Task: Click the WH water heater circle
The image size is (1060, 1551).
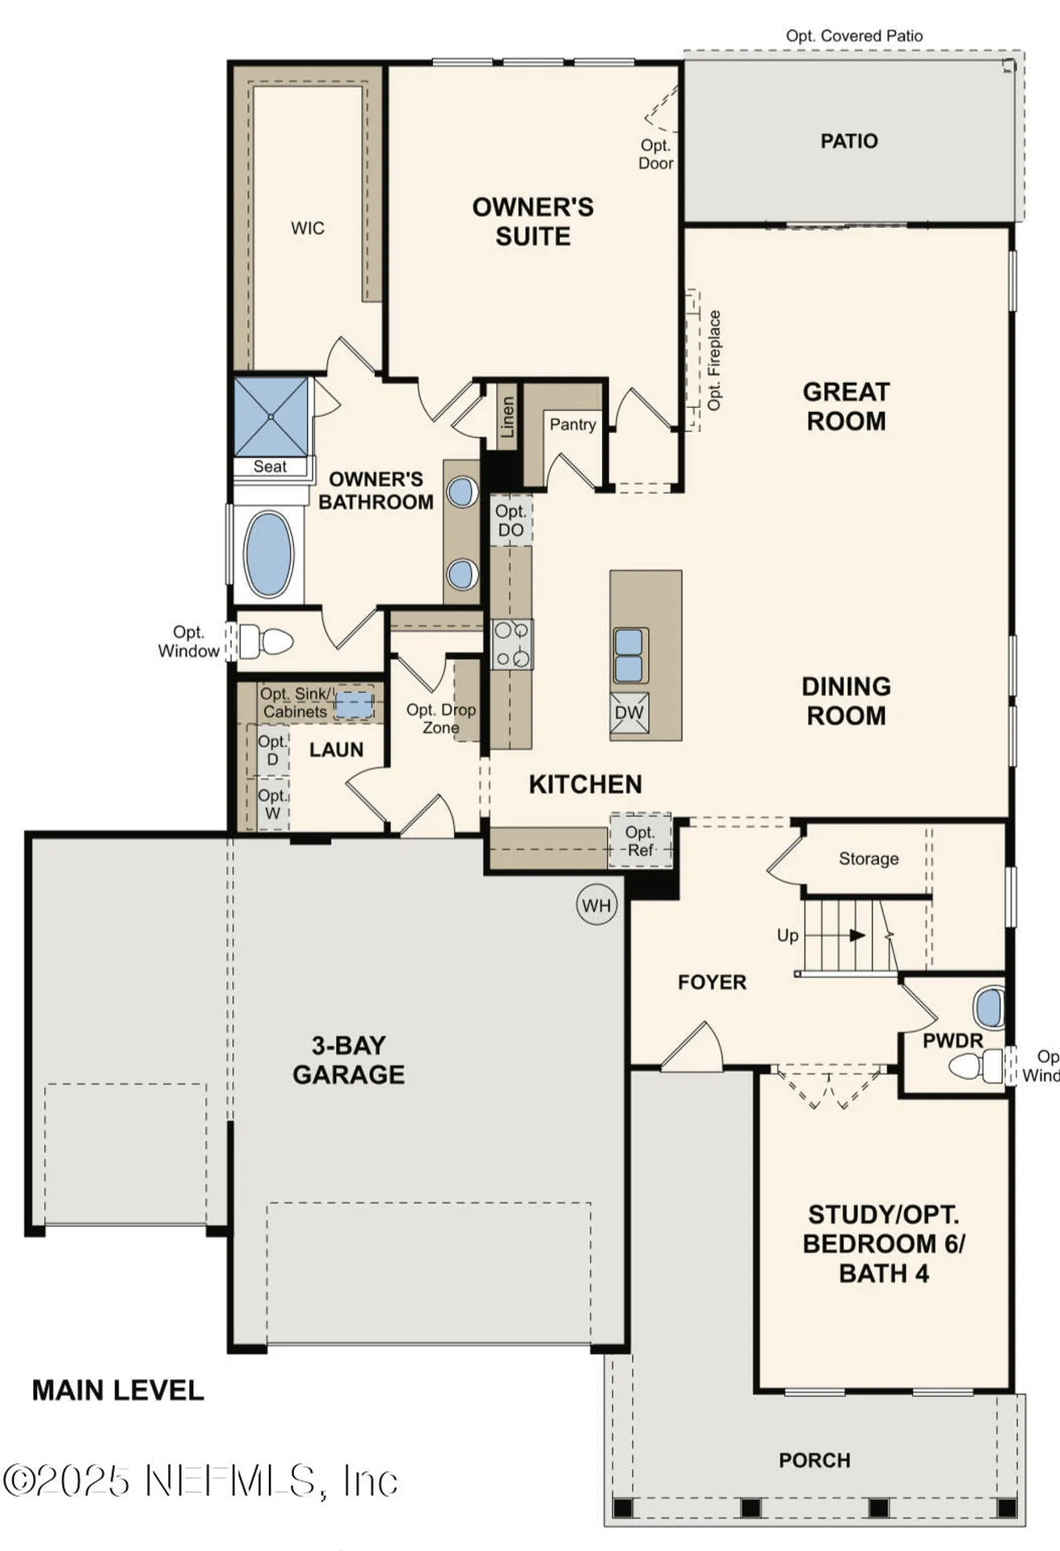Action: tap(596, 906)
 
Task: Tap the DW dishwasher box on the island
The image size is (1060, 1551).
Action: tap(629, 712)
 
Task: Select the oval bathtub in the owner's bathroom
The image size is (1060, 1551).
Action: tap(269, 554)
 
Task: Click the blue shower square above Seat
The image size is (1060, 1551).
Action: tap(271, 416)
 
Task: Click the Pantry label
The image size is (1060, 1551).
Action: tap(572, 424)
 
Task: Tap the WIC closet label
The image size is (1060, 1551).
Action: tap(308, 228)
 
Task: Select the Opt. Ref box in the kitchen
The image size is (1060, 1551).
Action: tap(640, 841)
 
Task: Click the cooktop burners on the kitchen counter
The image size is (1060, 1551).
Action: tap(511, 644)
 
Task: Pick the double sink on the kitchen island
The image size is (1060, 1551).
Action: tap(629, 655)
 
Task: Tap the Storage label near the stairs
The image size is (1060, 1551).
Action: tap(869, 859)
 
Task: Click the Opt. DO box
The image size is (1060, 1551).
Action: tap(511, 521)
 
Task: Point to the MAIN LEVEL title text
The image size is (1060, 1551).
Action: tap(118, 1390)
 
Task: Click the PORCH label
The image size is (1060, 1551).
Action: tap(814, 1461)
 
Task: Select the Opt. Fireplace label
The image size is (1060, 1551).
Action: tap(714, 360)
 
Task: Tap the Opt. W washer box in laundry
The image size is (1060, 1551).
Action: tap(272, 804)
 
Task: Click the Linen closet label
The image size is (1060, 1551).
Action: tap(507, 417)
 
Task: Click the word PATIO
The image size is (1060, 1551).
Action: tap(848, 141)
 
